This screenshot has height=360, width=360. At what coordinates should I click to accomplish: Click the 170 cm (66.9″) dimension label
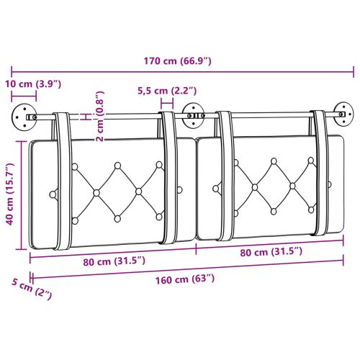tap(176, 60)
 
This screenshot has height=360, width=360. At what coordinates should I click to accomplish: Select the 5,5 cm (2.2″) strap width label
tap(167, 91)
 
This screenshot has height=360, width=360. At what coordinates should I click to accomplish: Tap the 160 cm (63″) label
tap(186, 279)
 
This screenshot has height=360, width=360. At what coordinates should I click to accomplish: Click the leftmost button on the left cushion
tap(53, 193)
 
